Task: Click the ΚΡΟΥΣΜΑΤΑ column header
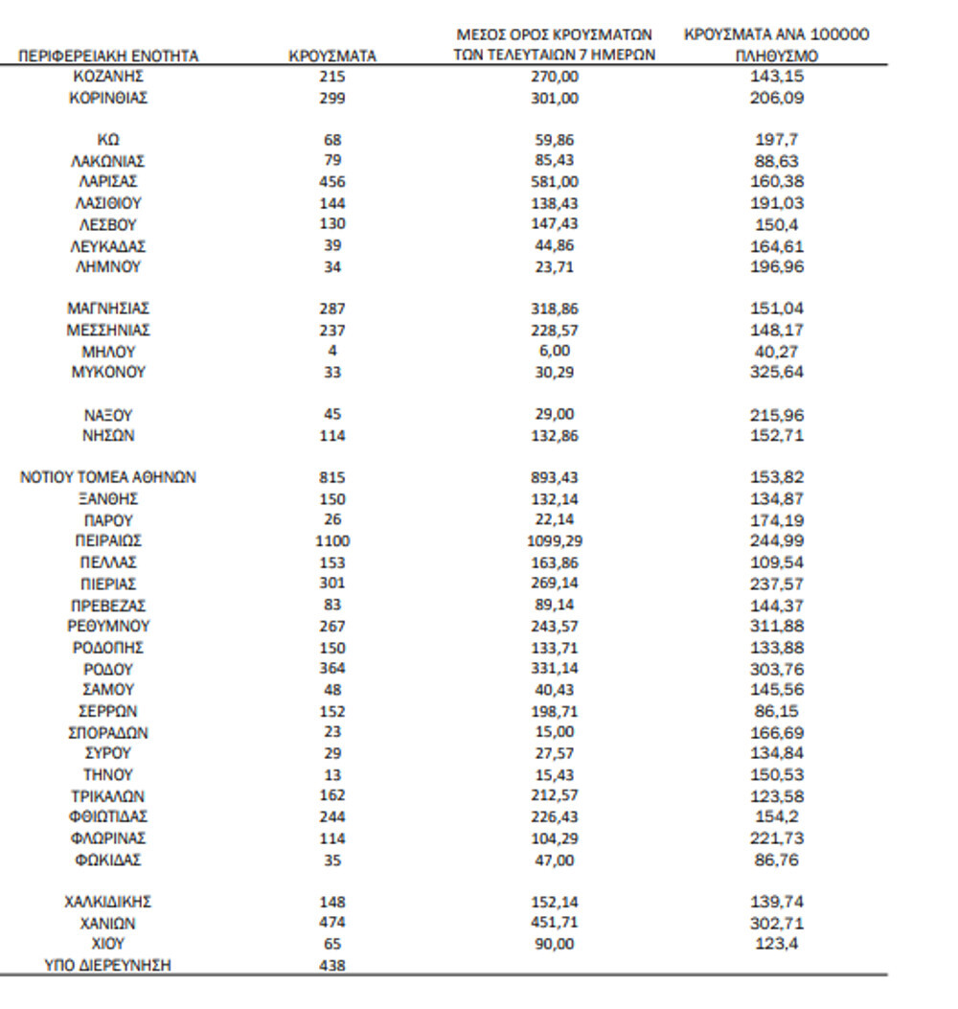click(332, 57)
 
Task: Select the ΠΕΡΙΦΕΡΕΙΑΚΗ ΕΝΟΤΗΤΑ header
click(108, 57)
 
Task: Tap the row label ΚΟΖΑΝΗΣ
click(108, 76)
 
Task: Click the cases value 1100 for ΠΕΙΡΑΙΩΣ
click(332, 541)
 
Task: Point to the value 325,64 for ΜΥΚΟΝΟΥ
click(777, 372)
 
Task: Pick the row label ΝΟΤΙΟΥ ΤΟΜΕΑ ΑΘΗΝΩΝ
click(108, 477)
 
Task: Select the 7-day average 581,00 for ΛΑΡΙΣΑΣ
click(555, 182)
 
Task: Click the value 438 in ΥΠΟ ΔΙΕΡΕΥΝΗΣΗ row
click(332, 966)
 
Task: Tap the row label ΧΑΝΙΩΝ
click(108, 924)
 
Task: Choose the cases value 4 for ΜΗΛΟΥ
click(332, 351)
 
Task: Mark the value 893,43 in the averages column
click(555, 477)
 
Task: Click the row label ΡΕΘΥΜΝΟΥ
click(108, 626)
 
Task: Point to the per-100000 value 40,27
click(777, 351)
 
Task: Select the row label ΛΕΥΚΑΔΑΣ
click(108, 246)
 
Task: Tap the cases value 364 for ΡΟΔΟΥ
click(332, 669)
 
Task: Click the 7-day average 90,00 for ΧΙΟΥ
click(555, 945)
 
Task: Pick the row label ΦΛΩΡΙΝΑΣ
click(108, 838)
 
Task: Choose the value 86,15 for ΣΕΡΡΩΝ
click(777, 711)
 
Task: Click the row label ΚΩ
click(108, 140)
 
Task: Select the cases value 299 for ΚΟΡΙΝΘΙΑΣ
click(332, 98)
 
